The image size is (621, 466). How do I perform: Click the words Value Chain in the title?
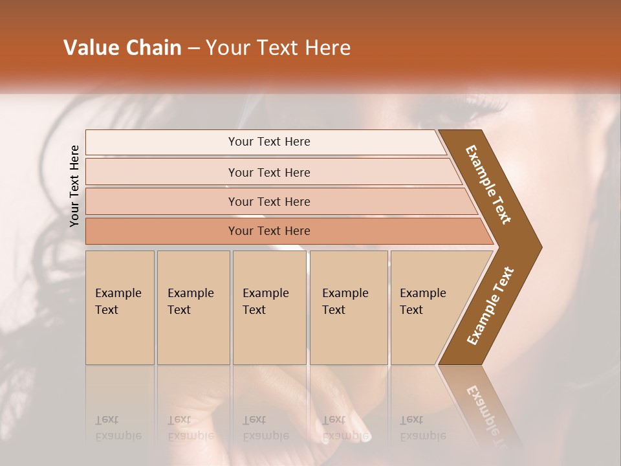pos(122,48)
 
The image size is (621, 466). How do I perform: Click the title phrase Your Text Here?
pos(278,48)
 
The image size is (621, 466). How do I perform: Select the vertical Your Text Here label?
pos(75,186)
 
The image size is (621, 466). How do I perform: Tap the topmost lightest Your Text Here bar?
pos(268,142)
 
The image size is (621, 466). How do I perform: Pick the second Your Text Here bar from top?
pos(268,172)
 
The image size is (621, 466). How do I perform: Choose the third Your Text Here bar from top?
pos(268,201)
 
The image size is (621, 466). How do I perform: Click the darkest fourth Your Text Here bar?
pos(268,231)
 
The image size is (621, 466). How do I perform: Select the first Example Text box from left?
pos(120,307)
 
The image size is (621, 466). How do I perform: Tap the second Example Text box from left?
pos(193,307)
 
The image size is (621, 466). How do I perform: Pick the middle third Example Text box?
pos(269,307)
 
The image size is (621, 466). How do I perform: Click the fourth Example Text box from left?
pos(348,307)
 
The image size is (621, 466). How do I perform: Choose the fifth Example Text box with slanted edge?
pos(427,307)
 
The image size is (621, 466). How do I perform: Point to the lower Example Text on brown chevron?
pos(490,306)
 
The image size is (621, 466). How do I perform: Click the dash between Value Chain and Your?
pos(193,49)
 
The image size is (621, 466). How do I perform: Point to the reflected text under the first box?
pos(118,428)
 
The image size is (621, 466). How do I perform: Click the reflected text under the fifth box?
pos(423,428)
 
